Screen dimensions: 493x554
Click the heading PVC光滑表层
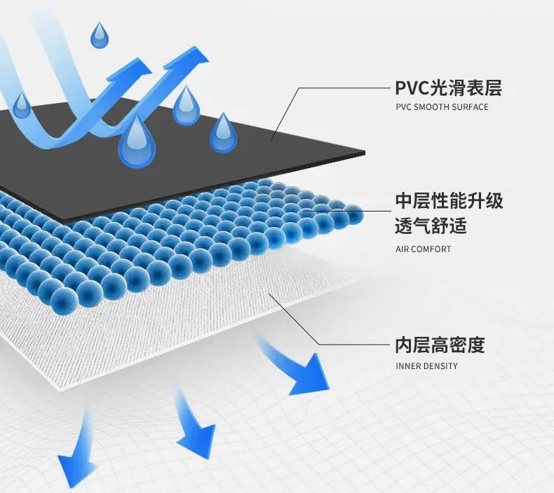(x=449, y=88)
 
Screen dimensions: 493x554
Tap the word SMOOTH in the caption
(x=434, y=107)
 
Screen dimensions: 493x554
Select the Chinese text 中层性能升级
(x=450, y=202)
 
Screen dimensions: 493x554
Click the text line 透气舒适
(x=431, y=227)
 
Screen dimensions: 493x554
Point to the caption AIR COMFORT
(x=424, y=249)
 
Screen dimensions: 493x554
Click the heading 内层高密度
(x=440, y=345)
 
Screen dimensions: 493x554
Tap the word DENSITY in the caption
(x=441, y=366)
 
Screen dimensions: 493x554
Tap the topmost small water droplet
(x=100, y=34)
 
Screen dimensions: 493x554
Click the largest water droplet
(x=136, y=144)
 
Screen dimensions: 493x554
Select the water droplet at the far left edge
(x=22, y=105)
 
